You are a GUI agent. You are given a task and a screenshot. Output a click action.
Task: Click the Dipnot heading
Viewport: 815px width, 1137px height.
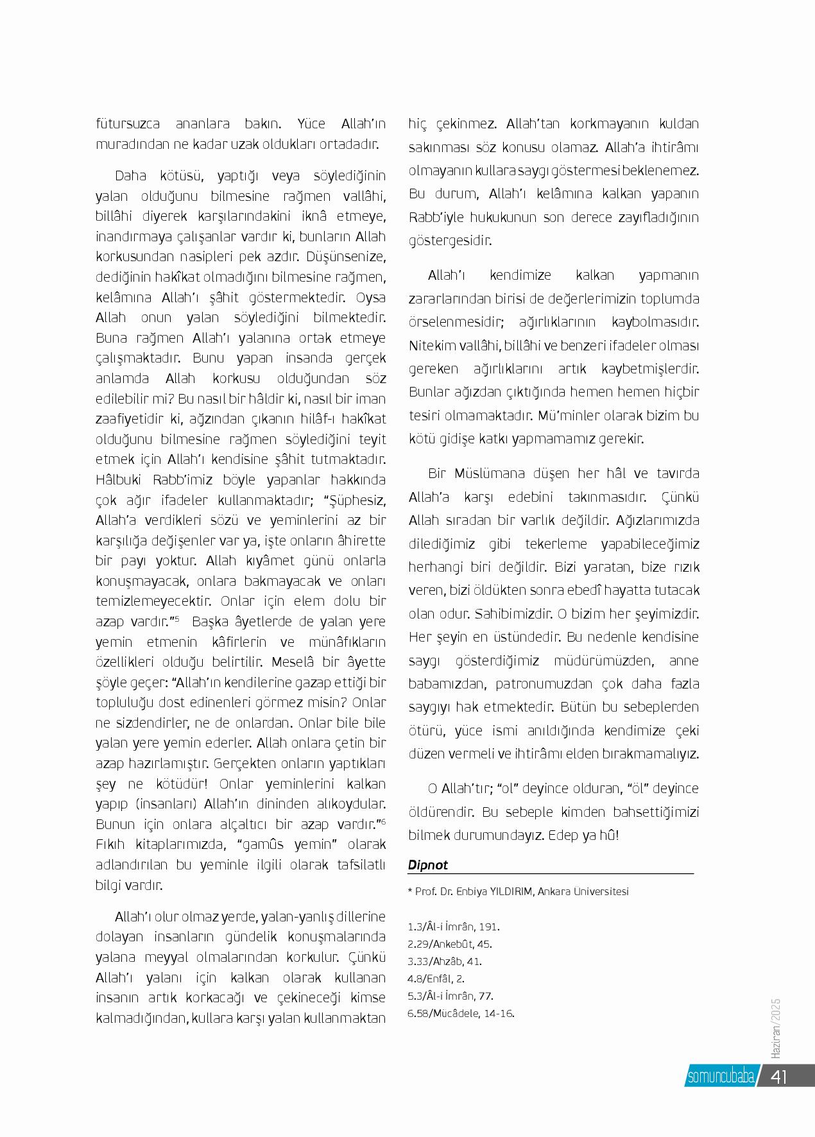tap(428, 864)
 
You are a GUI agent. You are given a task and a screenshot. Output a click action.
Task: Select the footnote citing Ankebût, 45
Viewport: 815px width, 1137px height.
tap(450, 944)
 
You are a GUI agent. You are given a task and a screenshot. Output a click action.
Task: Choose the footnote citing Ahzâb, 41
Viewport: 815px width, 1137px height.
tap(445, 961)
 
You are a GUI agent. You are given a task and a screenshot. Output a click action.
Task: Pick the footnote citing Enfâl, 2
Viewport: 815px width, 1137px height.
tap(436, 979)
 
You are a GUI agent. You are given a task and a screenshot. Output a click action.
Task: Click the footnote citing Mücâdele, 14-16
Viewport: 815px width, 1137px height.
tap(461, 1014)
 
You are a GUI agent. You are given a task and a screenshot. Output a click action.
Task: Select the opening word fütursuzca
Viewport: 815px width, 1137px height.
tap(128, 123)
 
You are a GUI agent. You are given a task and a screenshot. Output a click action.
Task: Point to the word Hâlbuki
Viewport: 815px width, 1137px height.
tap(121, 480)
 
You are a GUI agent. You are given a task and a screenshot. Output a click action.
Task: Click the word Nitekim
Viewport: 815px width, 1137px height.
tap(431, 345)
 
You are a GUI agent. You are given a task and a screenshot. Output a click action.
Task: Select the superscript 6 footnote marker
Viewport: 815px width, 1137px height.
tap(382, 821)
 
